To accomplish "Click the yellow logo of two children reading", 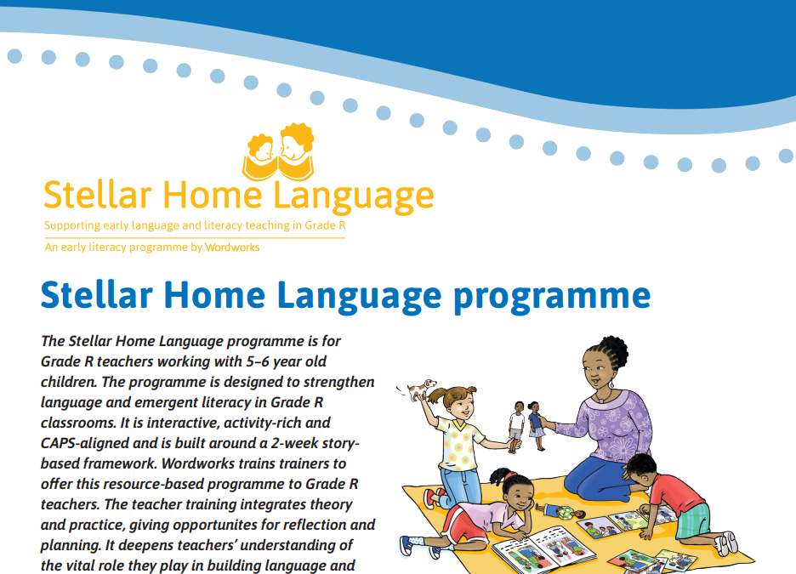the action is [x=278, y=151].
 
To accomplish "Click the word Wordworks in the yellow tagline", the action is [x=232, y=247].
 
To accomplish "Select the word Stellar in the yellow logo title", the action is [x=98, y=195].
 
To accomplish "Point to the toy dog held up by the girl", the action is [x=421, y=389].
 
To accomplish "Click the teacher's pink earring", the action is [x=611, y=384].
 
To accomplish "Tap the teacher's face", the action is [x=595, y=370].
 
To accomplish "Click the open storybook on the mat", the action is [x=544, y=549].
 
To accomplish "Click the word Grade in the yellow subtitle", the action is [x=320, y=225].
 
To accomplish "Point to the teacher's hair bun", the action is [x=615, y=347].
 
